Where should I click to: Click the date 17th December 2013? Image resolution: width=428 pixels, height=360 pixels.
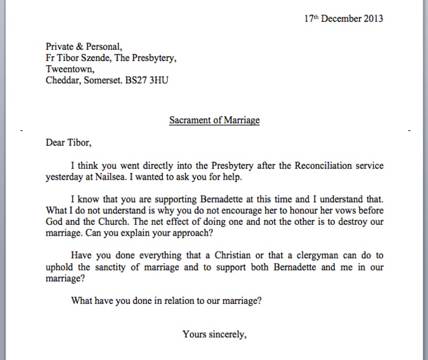tap(344, 18)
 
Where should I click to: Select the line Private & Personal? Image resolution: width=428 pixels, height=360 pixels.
tap(84, 46)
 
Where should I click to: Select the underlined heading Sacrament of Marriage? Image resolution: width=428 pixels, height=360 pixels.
tap(214, 120)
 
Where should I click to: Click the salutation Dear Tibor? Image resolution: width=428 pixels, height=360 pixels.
tap(68, 143)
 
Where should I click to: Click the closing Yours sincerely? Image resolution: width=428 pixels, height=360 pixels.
tap(214, 334)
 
